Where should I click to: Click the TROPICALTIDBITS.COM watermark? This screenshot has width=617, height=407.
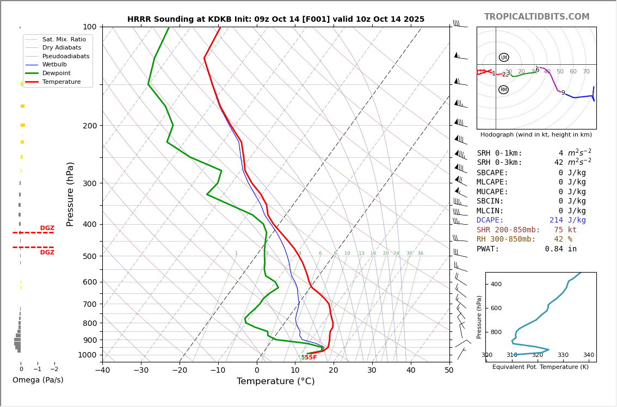536,17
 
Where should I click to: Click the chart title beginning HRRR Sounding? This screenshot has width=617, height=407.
276,20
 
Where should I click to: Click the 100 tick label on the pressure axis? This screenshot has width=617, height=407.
89,27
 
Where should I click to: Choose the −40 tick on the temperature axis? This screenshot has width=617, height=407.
102,371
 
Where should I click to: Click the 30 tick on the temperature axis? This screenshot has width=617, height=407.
372,371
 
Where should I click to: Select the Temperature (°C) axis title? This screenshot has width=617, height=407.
276,381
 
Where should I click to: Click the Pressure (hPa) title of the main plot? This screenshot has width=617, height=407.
70,194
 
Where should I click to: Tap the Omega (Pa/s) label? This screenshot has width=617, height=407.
38,380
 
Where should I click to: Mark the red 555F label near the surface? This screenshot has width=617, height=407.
309,357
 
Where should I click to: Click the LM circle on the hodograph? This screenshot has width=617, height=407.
504,57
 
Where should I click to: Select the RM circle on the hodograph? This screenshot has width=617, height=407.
503,90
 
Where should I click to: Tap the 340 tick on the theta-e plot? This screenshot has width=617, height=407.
588,355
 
